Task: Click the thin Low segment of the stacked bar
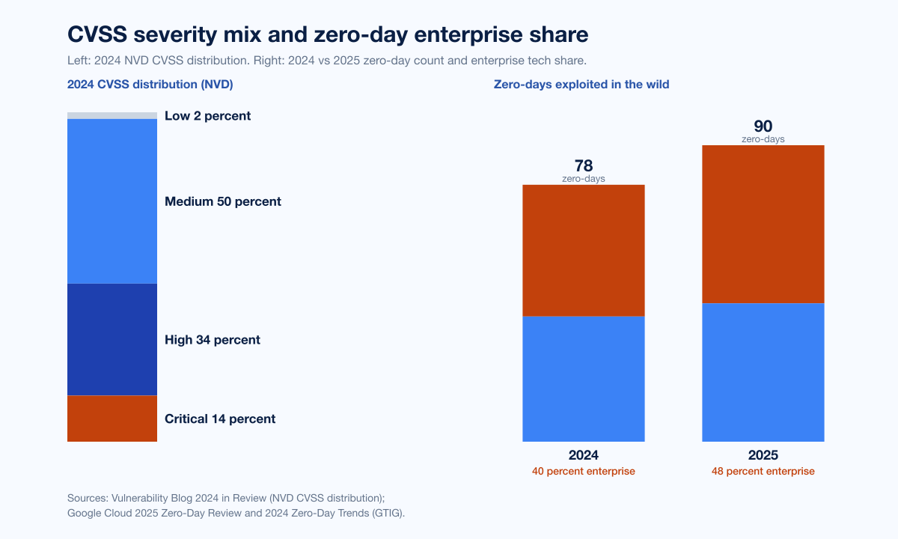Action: coord(112,115)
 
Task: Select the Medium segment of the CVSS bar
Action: coord(112,201)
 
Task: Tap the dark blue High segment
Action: coord(112,339)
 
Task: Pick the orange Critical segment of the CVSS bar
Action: coord(112,418)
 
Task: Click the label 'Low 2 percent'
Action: coord(207,116)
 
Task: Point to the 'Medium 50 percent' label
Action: coord(223,201)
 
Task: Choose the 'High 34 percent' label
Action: coord(213,340)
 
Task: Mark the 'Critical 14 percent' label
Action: coord(220,419)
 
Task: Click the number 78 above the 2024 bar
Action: coord(584,165)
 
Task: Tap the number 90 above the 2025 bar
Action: coord(763,127)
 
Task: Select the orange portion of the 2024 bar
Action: coord(584,250)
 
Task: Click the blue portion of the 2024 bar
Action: coord(584,379)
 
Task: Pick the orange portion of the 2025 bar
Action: coord(763,224)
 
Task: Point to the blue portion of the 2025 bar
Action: coord(763,372)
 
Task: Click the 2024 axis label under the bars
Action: coord(584,455)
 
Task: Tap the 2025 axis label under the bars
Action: coord(763,455)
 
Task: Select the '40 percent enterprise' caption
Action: coord(584,472)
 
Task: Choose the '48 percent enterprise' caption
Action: coord(763,472)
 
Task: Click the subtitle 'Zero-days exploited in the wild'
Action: coord(581,85)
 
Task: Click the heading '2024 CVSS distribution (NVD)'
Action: coord(150,85)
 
